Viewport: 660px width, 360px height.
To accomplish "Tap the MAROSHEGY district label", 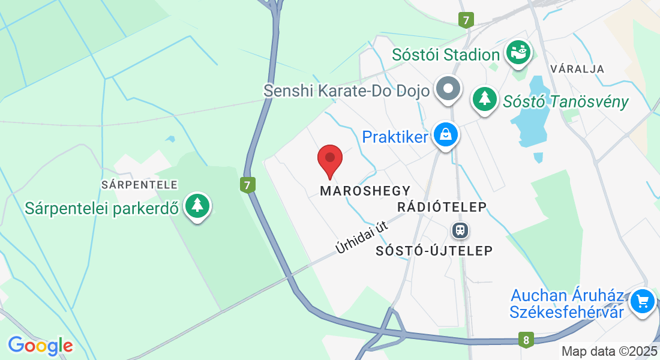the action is [365, 191].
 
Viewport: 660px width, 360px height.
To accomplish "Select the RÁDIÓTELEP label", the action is [442, 207].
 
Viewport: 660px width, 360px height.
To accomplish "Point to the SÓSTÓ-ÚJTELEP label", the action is [434, 250].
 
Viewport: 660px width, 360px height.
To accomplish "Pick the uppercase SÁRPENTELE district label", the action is [139, 184].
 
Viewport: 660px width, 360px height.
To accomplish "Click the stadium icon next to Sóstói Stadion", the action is [518, 53].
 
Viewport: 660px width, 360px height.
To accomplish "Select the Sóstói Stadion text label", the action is [446, 55].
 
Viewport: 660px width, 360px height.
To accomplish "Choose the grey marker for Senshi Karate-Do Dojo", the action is [448, 89].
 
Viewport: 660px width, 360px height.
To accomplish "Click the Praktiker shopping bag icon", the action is [446, 135].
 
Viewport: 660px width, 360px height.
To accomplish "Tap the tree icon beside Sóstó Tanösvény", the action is [484, 98].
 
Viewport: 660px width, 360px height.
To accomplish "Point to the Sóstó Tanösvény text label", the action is [565, 101].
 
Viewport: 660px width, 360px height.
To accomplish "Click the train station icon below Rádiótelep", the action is [460, 230].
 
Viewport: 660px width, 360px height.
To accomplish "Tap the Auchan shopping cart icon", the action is [643, 300].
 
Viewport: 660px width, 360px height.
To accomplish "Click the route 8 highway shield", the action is [526, 340].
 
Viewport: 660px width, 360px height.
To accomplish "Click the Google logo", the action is [40, 346].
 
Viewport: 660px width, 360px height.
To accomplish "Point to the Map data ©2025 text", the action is [608, 351].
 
